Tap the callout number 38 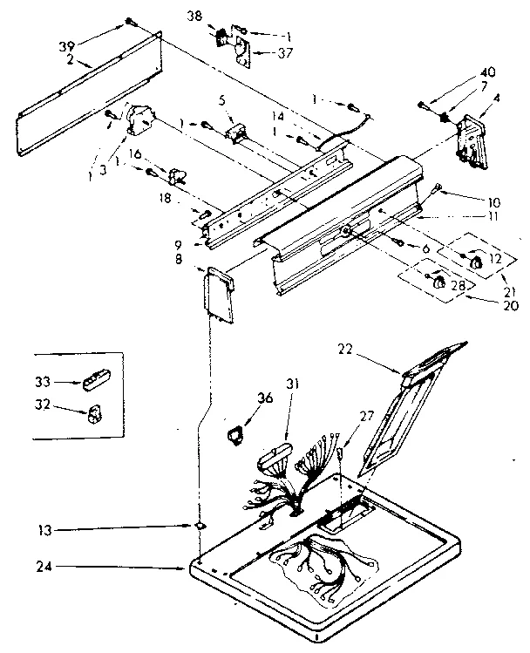click(x=194, y=16)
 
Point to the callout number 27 click(x=366, y=417)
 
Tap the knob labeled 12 click(x=477, y=260)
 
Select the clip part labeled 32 click(x=94, y=411)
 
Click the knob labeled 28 click(x=438, y=281)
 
